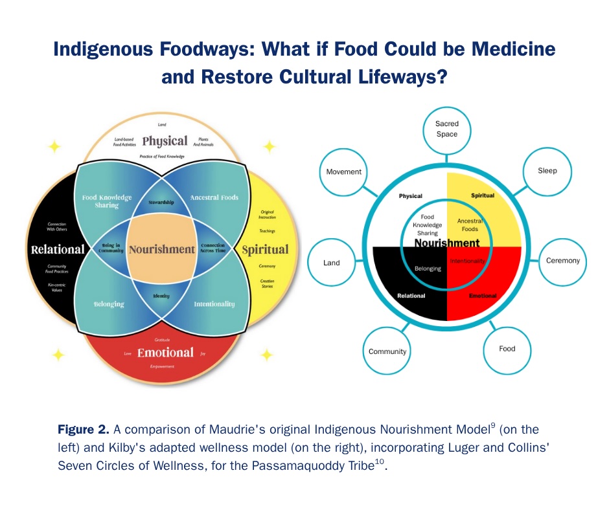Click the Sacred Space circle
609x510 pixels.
click(446, 129)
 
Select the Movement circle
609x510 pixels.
click(344, 172)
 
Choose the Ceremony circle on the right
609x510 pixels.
click(562, 261)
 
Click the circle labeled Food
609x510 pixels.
click(507, 348)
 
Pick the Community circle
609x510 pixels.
click(387, 351)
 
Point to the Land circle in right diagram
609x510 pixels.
click(331, 263)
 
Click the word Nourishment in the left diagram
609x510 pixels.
click(161, 249)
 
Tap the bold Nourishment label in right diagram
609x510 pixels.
click(447, 243)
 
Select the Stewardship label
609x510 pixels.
click(161, 203)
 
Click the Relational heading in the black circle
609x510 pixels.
click(58, 249)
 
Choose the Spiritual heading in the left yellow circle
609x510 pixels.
click(265, 249)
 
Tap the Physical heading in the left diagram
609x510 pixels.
click(165, 140)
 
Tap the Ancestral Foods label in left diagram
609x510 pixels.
click(214, 197)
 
